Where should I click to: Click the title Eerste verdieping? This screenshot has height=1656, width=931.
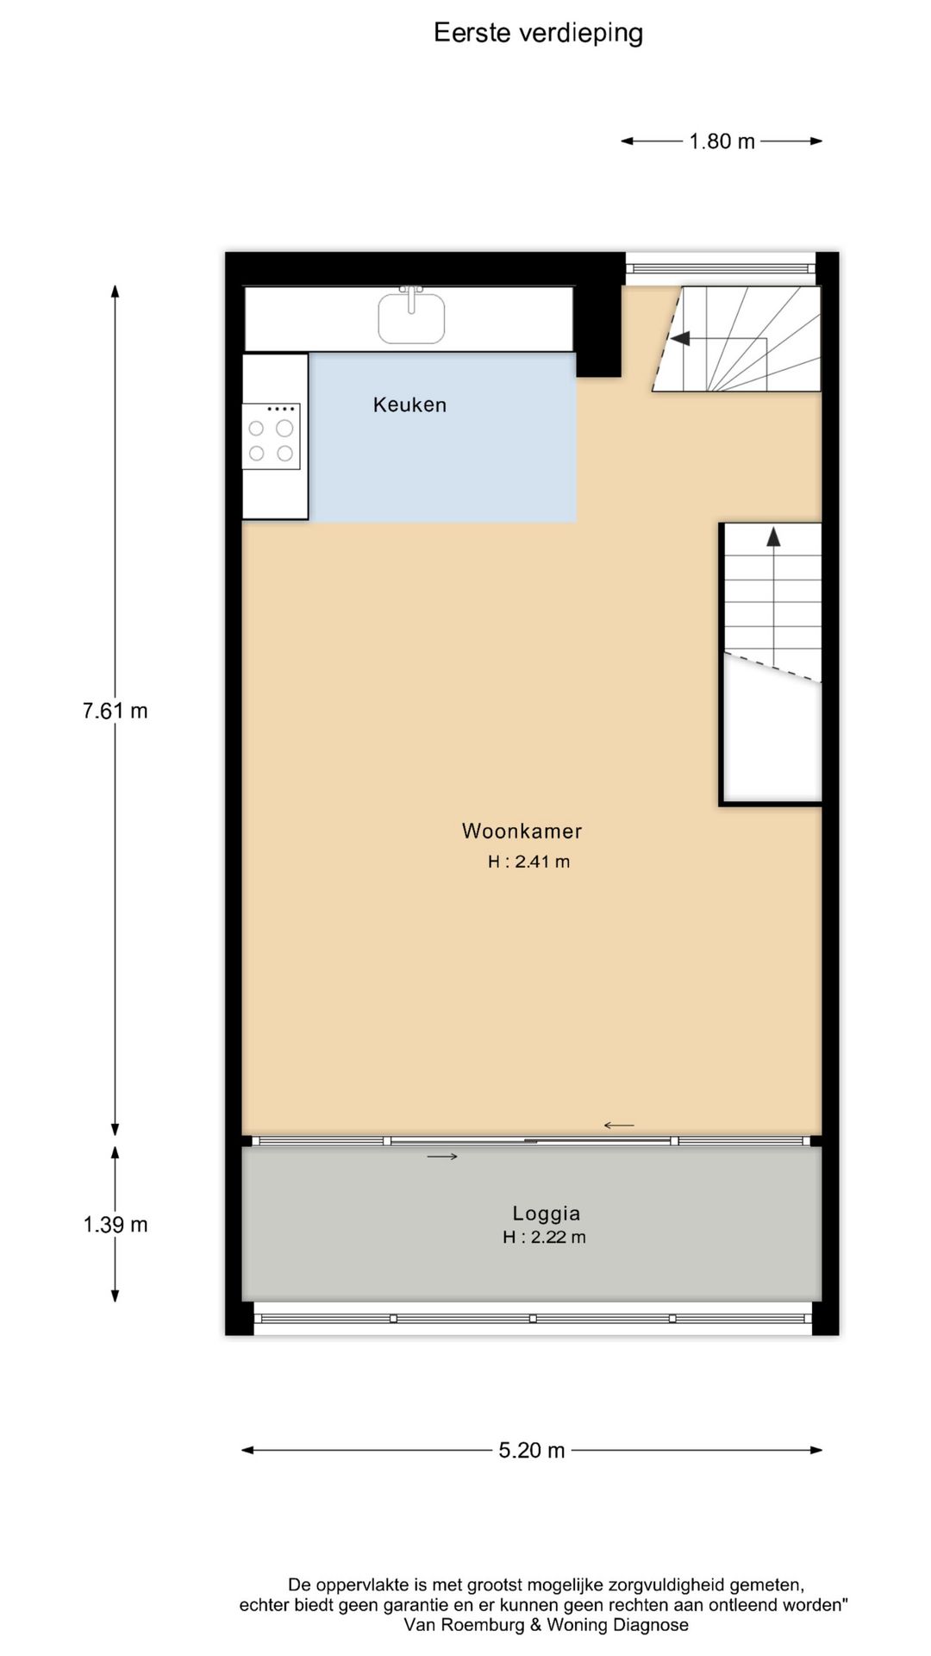(538, 33)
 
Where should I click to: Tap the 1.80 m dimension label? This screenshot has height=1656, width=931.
(722, 141)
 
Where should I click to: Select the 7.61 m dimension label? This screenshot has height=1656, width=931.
(115, 711)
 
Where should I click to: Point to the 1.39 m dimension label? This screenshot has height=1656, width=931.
(115, 1224)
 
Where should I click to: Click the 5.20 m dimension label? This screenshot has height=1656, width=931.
(531, 1450)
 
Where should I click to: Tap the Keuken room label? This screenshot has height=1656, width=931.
(409, 405)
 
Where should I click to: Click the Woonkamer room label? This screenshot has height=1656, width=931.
(522, 831)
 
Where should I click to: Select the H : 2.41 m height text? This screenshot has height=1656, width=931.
(528, 862)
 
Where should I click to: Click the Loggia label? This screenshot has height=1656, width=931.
(546, 1213)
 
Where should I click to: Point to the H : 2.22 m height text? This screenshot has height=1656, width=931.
(544, 1237)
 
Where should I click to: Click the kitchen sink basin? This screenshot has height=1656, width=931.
(411, 318)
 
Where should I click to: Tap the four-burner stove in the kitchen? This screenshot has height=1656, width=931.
(271, 437)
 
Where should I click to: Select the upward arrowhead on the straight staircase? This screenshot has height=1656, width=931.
(773, 536)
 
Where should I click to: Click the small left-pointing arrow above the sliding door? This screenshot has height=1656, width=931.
(618, 1125)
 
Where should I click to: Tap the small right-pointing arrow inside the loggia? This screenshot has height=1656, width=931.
(442, 1157)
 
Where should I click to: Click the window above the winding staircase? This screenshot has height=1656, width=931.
(720, 268)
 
